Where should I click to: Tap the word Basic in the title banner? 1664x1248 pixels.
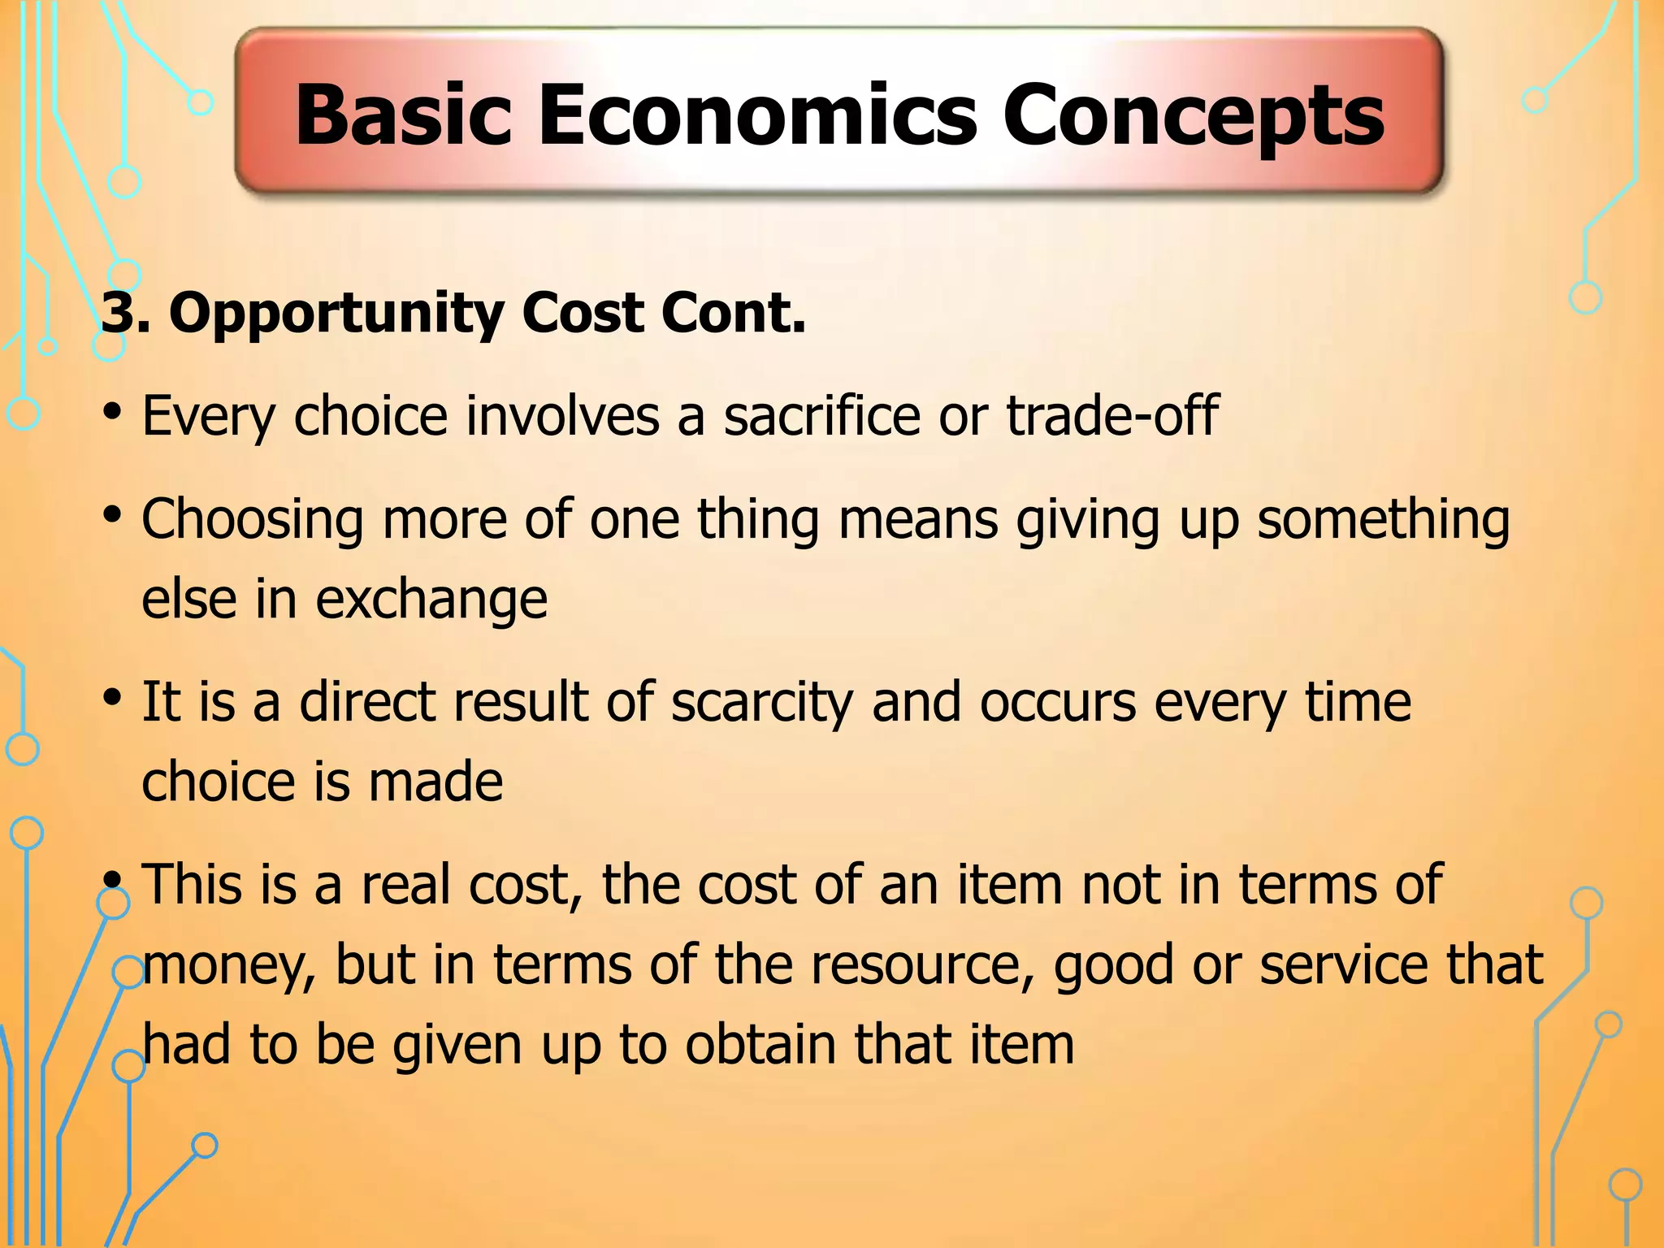(403, 115)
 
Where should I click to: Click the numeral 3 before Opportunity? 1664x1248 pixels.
(117, 313)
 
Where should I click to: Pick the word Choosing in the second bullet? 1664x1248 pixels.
(252, 520)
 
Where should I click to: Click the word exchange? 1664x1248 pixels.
(431, 600)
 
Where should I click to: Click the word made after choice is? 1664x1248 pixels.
(435, 782)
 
